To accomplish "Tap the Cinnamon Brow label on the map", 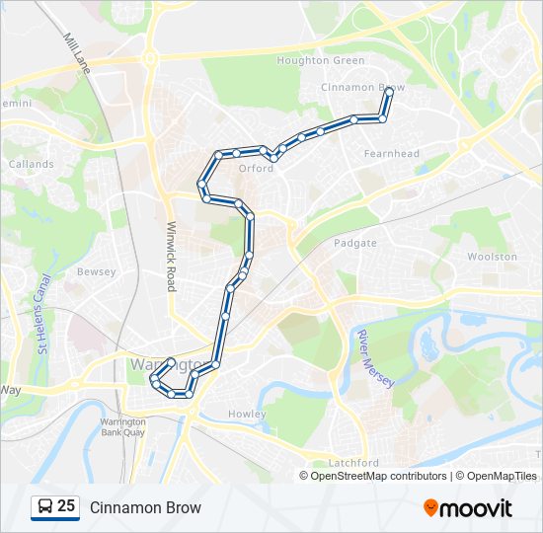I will click(362, 88).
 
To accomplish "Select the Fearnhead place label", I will click(391, 154).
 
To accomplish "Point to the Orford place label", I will click(256, 168).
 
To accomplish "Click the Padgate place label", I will click(355, 243).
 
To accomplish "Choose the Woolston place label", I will click(492, 257).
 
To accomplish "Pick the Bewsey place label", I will click(97, 271).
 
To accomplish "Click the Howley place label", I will click(247, 414).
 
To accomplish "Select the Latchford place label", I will click(353, 463).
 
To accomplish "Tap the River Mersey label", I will click(375, 358).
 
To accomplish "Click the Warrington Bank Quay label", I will click(124, 427).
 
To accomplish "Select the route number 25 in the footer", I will click(66, 506).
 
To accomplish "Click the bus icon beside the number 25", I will click(45, 507).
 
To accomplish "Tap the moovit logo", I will click(468, 508).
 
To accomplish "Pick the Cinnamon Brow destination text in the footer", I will click(145, 507).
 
